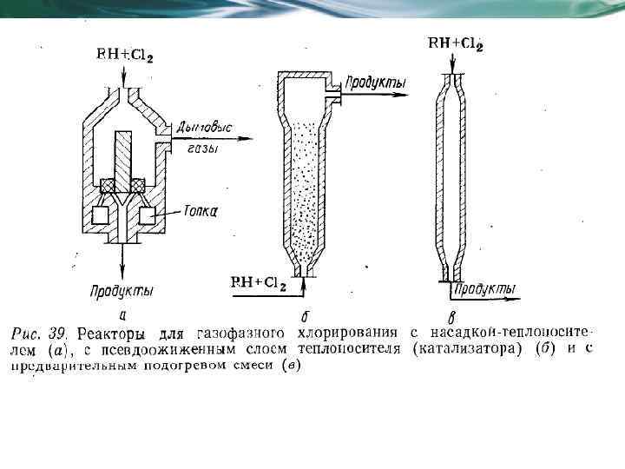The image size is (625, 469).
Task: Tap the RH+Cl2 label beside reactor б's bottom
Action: pyautogui.click(x=258, y=283)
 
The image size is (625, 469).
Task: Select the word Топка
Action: pyautogui.click(x=200, y=210)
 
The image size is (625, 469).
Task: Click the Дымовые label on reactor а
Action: pyautogui.click(x=204, y=128)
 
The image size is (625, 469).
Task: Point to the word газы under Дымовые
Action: pyautogui.click(x=202, y=149)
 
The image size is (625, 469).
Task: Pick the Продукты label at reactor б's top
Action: pyautogui.click(x=376, y=83)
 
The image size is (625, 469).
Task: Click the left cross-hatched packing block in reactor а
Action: pyautogui.click(x=110, y=186)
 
